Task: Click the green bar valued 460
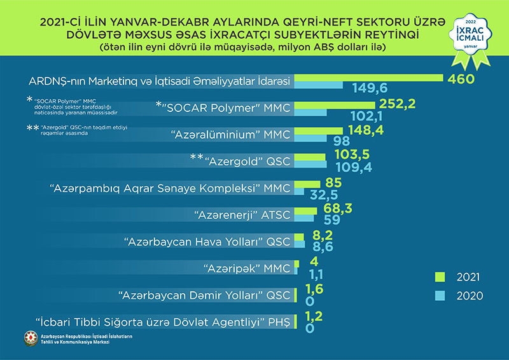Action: click(369, 78)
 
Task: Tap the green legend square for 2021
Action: click(439, 277)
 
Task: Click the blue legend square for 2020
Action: click(439, 295)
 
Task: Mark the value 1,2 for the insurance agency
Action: click(314, 315)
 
